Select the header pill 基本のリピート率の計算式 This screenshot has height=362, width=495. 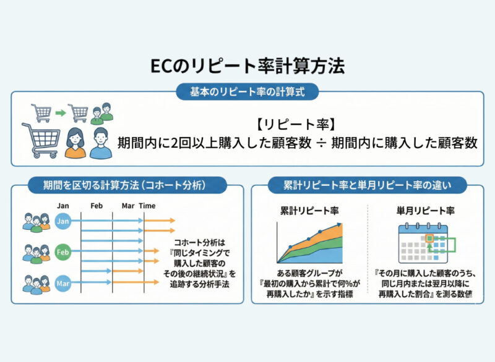[247, 92]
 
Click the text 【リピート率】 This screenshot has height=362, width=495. [296, 122]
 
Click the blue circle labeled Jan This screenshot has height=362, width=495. [62, 221]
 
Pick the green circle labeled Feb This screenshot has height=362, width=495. [62, 253]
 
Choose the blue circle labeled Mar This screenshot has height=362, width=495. [62, 284]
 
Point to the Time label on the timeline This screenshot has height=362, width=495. [147, 205]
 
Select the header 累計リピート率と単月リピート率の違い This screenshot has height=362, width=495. [368, 184]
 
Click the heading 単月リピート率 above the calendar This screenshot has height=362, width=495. [425, 211]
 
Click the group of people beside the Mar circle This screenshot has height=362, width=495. [37, 284]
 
